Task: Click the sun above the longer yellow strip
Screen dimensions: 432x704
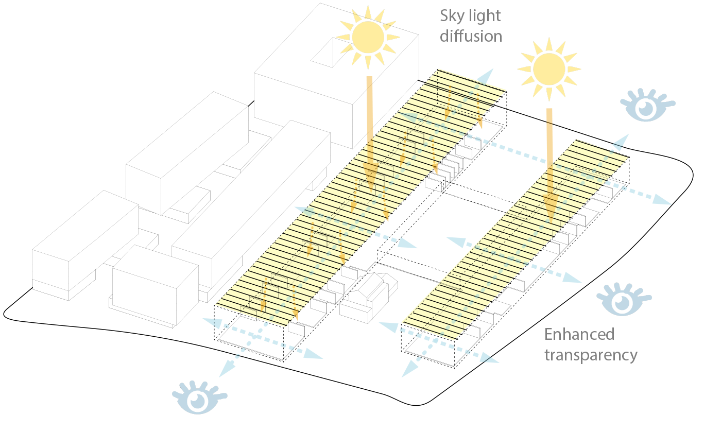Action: pos(368,37)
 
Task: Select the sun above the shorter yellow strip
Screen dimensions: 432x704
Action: pos(549,69)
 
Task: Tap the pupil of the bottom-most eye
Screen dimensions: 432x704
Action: pos(197,401)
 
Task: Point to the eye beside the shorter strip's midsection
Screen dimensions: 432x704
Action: pos(622,302)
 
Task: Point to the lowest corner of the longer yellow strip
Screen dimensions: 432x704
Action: pos(286,326)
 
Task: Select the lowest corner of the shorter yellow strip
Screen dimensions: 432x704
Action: pos(453,340)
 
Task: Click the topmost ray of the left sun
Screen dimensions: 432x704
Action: pos(368,11)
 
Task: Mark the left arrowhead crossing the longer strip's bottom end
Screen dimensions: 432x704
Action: pos(211,323)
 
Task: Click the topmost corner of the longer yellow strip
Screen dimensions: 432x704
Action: pos(439,69)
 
